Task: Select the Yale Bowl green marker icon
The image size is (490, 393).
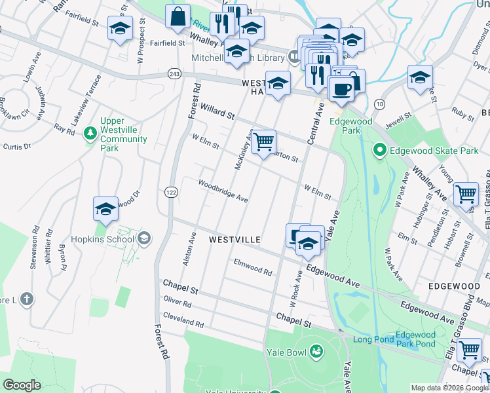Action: pos(316,351)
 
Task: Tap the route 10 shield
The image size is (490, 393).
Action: pos(379,104)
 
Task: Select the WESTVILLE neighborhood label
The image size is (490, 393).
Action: pos(236,240)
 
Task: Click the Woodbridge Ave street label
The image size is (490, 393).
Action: pos(223,190)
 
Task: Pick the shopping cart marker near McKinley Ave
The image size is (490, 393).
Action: pos(263,141)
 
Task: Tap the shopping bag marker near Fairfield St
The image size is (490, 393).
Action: pos(178,17)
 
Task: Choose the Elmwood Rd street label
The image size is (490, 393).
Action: pos(253,266)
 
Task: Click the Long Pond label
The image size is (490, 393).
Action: pos(372,339)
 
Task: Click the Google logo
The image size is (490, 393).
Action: pos(22,385)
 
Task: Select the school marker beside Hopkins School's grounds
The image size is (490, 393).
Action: pos(105,210)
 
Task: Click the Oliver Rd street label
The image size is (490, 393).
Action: pos(178,302)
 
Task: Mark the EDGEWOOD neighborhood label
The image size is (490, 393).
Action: pos(454,286)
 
